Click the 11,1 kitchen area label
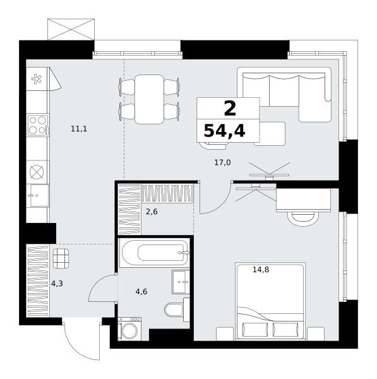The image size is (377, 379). (x=79, y=129)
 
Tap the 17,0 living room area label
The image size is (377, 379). (x=222, y=163)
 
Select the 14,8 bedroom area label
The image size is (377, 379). (x=261, y=270)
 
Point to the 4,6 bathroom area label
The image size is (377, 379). (x=141, y=292)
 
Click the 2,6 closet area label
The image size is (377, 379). (x=152, y=212)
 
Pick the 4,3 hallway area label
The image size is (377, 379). (x=57, y=284)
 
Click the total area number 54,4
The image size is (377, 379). (x=225, y=131)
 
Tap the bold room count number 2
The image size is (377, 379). (x=230, y=109)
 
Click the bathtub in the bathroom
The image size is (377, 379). (x=155, y=253)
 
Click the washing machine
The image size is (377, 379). (x=129, y=329)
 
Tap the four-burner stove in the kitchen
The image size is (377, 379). (x=38, y=125)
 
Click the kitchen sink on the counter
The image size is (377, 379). (x=38, y=195)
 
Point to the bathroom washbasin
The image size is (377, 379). (x=181, y=282)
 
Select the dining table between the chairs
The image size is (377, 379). (x=149, y=99)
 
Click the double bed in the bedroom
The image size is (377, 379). (x=270, y=301)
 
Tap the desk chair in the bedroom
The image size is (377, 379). (x=303, y=219)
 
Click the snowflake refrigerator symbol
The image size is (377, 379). (x=37, y=79)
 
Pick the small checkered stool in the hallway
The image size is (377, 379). (x=61, y=258)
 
